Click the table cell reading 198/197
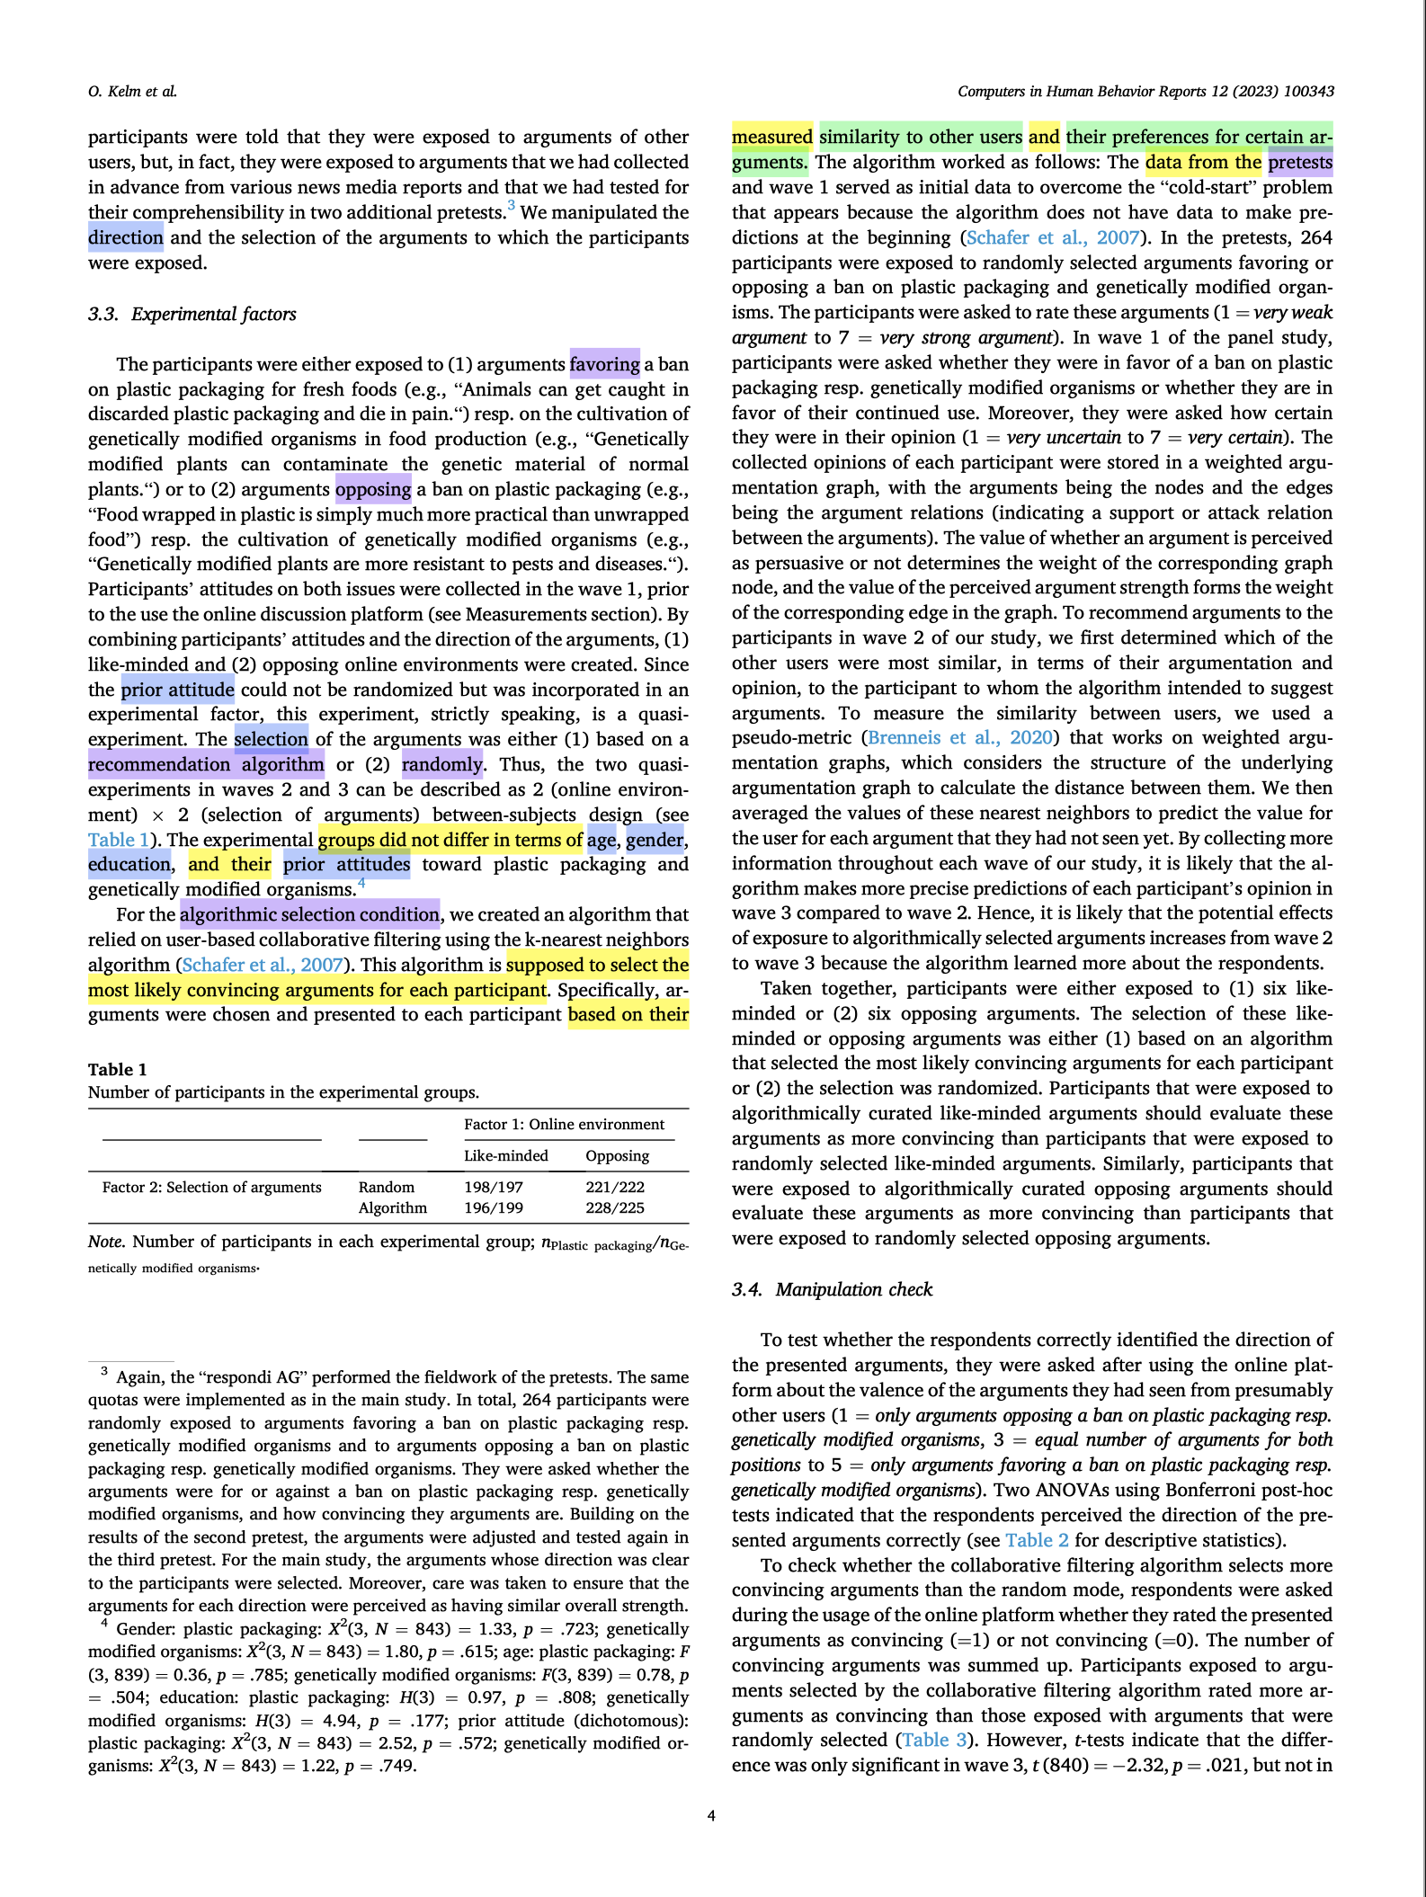[493, 1187]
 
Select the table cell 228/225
[614, 1207]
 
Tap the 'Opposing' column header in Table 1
[617, 1155]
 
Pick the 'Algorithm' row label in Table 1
[392, 1207]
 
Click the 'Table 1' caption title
[117, 1069]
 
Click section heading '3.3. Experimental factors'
[192, 314]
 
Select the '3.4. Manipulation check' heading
[832, 1289]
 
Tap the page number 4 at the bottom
[711, 1815]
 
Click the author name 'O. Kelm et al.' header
[132, 92]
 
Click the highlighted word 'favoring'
[604, 364]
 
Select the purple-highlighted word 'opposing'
[373, 489]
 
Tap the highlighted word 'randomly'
[441, 764]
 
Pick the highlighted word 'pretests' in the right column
[1300, 162]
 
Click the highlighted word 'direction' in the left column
[126, 237]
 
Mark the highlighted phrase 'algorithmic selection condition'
[309, 914]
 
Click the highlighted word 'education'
[129, 864]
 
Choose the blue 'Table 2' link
[1037, 1540]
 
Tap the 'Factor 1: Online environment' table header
[564, 1124]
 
